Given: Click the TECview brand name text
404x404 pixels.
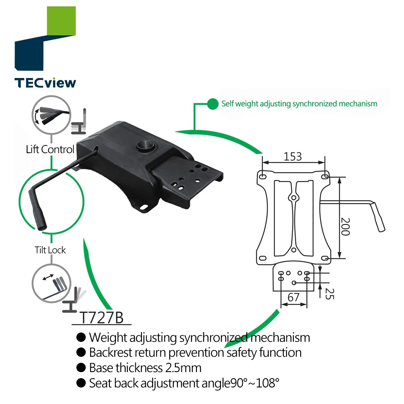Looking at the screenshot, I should click(x=45, y=83).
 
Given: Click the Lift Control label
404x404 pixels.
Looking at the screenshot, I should click(x=50, y=149).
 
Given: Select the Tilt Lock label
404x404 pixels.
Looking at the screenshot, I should click(x=50, y=250).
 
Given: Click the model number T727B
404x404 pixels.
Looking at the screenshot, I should click(x=101, y=318).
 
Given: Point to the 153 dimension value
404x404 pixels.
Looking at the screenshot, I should click(x=293, y=156).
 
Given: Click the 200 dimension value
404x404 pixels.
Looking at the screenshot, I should click(x=345, y=226).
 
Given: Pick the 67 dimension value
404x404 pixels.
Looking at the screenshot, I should click(x=294, y=298).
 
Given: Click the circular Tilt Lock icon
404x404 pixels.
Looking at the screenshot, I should click(x=51, y=283).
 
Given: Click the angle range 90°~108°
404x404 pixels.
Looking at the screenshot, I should click(x=253, y=383).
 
